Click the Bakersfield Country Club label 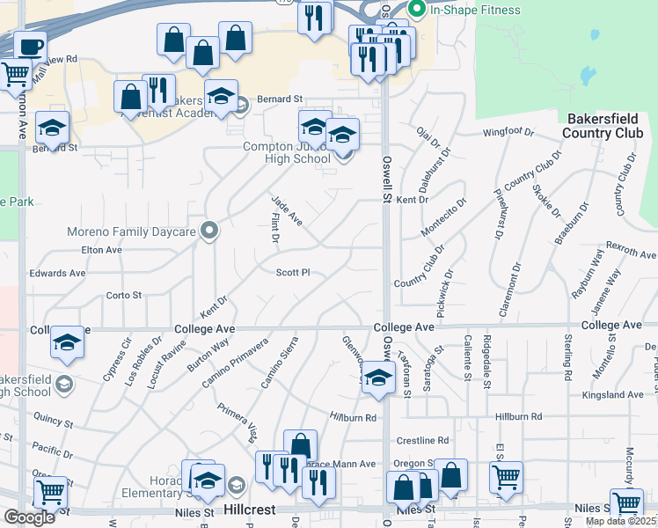[605, 125]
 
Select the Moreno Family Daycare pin [209, 232]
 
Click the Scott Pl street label [293, 273]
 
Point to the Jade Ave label [288, 211]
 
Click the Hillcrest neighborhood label [251, 510]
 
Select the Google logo [29, 517]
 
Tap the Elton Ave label [101, 250]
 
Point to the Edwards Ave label [57, 274]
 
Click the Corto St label [123, 295]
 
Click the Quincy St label [54, 419]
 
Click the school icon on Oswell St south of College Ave [378, 377]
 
